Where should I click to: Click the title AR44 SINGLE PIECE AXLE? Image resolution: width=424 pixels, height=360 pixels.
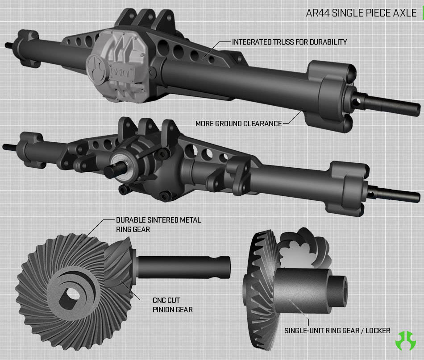click(x=361, y=13)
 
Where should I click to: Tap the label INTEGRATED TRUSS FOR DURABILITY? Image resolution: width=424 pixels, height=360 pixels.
click(x=289, y=42)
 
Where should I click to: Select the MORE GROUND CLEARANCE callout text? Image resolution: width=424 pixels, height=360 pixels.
click(x=238, y=124)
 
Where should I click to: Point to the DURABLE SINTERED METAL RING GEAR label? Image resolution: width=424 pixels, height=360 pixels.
click(x=158, y=224)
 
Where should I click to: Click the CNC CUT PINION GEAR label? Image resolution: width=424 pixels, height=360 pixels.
click(x=173, y=305)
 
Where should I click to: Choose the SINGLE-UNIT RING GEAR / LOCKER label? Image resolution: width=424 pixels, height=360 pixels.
click(x=337, y=331)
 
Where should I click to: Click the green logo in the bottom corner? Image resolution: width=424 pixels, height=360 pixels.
click(x=406, y=341)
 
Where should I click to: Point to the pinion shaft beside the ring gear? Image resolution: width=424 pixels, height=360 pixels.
click(x=184, y=267)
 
